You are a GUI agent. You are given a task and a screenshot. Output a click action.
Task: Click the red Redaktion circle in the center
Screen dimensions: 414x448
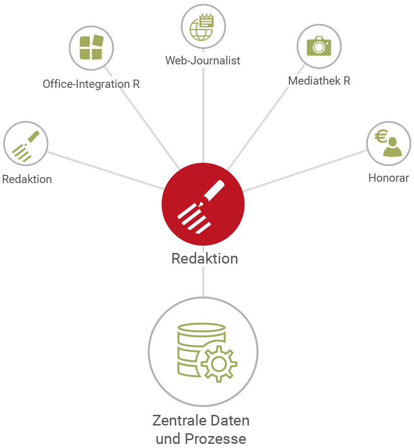tap(203, 204)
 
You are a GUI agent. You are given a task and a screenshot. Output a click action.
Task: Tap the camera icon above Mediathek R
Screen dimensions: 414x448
tap(319, 46)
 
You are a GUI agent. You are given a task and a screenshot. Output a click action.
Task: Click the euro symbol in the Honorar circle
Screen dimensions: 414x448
tap(381, 136)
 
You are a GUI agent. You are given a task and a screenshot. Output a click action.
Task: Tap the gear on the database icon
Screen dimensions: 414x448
tap(219, 364)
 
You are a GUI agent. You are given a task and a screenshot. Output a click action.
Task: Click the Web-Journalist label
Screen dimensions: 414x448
tap(202, 61)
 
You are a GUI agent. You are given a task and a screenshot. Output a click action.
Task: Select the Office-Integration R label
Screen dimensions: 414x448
tap(91, 84)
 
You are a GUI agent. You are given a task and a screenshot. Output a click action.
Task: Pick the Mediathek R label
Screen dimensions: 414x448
tap(319, 81)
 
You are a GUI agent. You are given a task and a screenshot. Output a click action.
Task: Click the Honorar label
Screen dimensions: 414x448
tap(389, 178)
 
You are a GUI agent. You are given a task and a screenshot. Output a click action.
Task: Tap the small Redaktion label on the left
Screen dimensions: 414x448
tap(27, 179)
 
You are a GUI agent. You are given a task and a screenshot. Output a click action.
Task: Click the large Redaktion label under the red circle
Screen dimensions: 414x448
tap(205, 258)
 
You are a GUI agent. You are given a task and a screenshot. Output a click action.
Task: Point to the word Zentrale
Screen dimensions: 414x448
tap(176, 420)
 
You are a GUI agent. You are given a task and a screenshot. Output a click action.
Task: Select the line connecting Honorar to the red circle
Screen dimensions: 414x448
tap(305, 171)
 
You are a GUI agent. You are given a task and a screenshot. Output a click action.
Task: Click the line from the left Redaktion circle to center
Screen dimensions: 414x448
tap(105, 171)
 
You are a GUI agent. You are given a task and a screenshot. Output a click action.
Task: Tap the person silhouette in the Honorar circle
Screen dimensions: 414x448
tap(392, 147)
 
